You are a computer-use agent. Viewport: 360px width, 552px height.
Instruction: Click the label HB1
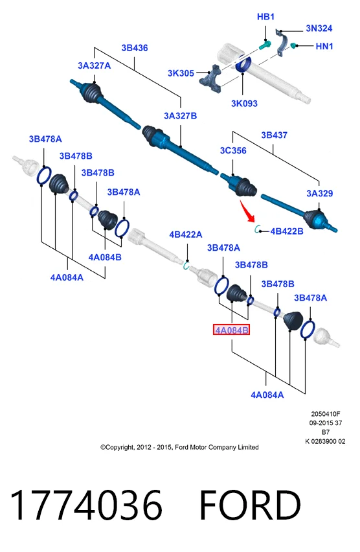click(x=265, y=17)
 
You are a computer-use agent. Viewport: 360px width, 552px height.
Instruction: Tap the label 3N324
click(x=319, y=28)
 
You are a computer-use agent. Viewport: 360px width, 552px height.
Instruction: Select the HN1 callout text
click(x=324, y=46)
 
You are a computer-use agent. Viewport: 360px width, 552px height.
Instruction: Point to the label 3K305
click(x=181, y=73)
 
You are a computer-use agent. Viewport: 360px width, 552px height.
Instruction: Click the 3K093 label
click(x=244, y=104)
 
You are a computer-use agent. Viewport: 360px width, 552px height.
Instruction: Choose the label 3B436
click(x=135, y=48)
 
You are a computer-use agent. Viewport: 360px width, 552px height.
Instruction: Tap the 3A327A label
click(x=94, y=65)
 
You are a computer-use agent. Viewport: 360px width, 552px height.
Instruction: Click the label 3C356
click(x=233, y=151)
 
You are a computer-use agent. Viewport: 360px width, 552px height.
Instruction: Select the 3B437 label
click(x=274, y=135)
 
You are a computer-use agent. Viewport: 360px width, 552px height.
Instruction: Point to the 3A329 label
click(x=319, y=193)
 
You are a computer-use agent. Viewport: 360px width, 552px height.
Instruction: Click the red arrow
click(x=247, y=211)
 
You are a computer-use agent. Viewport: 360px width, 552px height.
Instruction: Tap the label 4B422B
click(x=287, y=231)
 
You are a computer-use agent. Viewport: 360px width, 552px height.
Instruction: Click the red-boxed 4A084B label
click(x=231, y=330)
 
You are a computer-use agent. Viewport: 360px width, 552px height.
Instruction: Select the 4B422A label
click(x=185, y=235)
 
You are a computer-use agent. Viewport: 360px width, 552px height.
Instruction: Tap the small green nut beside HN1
click(x=293, y=46)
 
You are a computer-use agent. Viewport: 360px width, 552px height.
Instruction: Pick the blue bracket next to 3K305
click(x=210, y=79)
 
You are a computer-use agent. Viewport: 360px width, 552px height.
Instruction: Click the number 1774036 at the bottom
click(x=86, y=505)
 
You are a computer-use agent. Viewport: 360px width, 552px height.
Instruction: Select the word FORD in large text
click(x=250, y=505)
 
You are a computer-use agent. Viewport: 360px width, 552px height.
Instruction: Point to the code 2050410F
click(x=326, y=414)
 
